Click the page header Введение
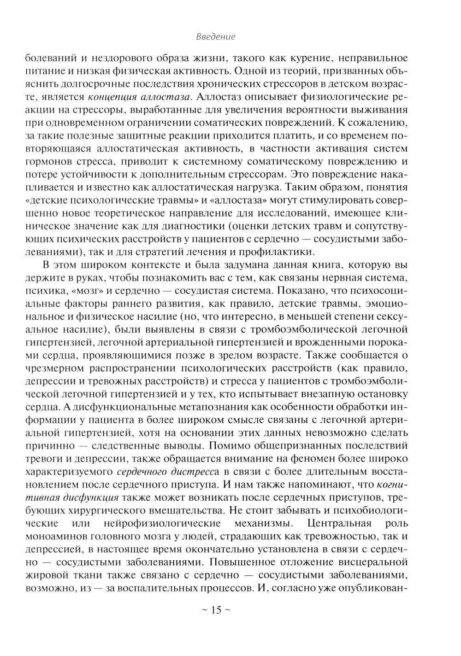click(216, 36)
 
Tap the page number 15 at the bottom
click(216, 610)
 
